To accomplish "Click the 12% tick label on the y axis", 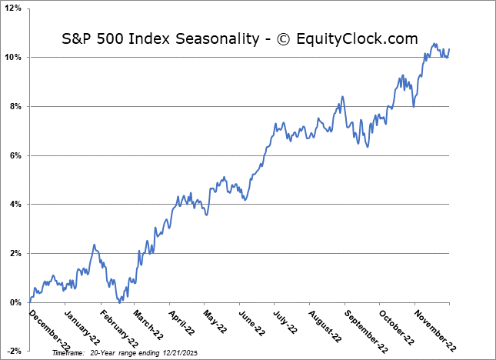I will point(15,8).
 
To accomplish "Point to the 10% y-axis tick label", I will point(15,58).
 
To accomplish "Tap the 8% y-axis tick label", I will point(18,106).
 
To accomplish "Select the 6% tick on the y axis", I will point(18,155).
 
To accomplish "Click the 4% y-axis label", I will point(18,205).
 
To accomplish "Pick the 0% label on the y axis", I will point(18,302).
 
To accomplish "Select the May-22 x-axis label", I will point(215,323).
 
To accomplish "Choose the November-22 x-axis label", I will point(431,328).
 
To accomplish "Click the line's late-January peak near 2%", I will point(94,245).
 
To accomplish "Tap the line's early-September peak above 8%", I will point(342,97).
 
